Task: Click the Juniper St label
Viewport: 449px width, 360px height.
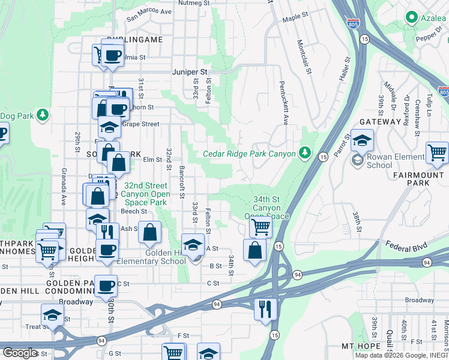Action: [x=190, y=71]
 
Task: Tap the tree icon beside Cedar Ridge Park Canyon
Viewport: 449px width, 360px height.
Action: [x=305, y=154]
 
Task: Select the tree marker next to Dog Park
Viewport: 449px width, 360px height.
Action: [x=42, y=115]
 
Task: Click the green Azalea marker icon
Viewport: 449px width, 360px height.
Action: [x=411, y=18]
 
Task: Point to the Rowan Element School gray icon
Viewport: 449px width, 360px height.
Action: [x=357, y=160]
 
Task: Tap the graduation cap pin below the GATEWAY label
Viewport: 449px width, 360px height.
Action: [x=363, y=141]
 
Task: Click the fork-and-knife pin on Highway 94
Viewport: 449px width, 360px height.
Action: [x=265, y=309]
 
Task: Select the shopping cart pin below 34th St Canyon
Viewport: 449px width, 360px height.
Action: [x=261, y=227]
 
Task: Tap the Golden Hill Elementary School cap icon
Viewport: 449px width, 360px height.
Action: [x=193, y=245]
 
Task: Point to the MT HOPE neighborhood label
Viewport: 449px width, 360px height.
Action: [x=361, y=346]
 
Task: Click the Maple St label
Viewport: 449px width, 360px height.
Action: [x=295, y=18]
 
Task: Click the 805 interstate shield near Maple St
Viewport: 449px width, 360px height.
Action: [x=353, y=24]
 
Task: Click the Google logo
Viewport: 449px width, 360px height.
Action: [x=19, y=353]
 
